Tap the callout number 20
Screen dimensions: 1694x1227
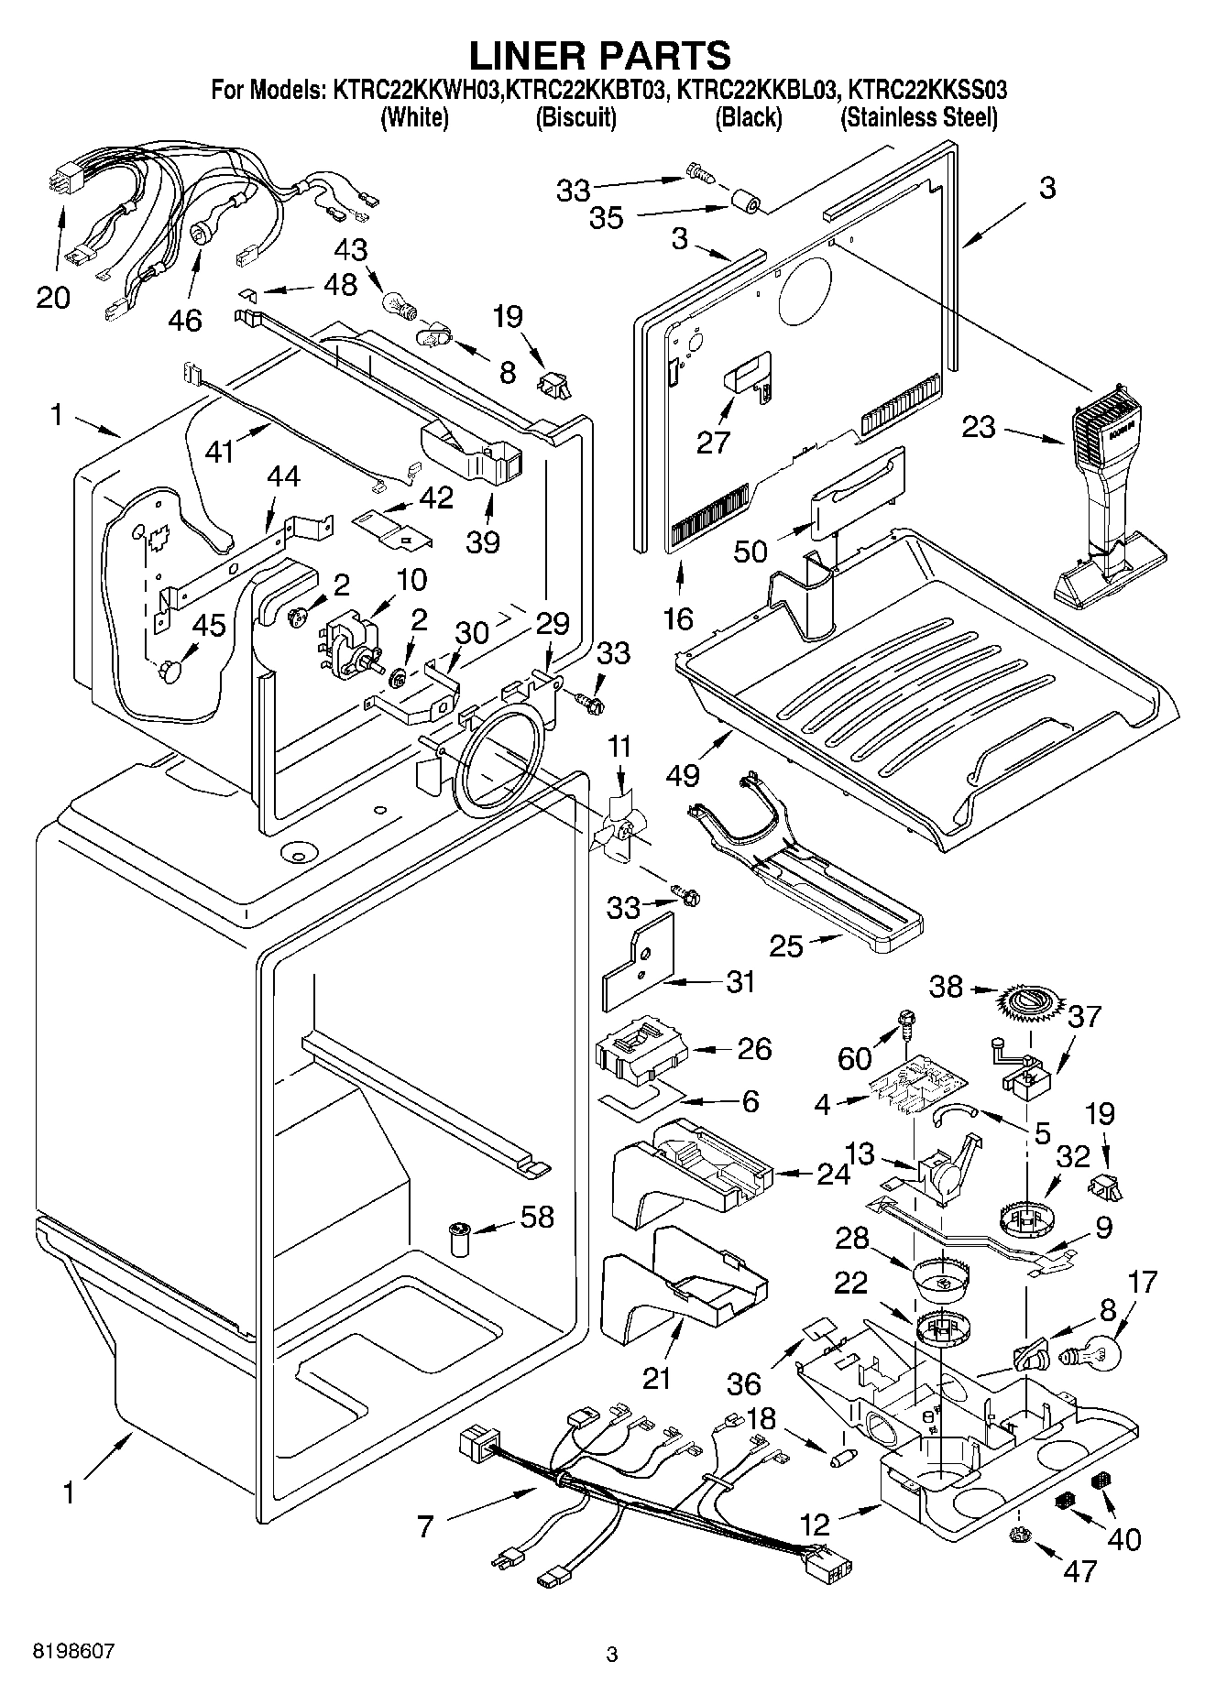[x=53, y=297]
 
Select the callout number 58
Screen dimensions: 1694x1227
[x=538, y=1217]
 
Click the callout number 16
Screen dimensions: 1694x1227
[x=678, y=618]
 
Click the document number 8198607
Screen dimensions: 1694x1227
[x=74, y=1651]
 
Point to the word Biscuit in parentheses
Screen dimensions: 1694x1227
[x=575, y=117]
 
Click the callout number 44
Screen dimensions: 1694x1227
[x=283, y=478]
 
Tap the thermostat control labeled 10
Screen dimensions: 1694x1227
[x=348, y=639]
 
